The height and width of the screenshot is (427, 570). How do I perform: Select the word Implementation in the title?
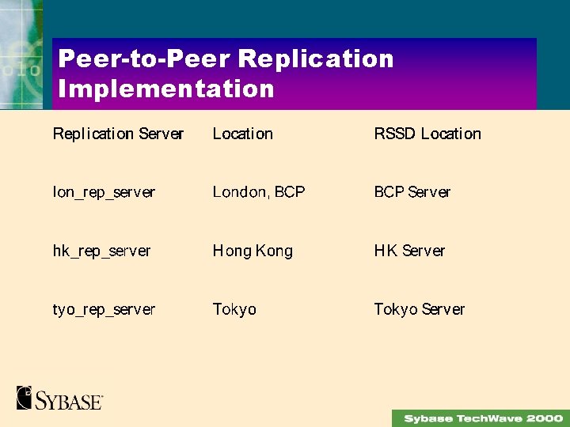(x=166, y=89)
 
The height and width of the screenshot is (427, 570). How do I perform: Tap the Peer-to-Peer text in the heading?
(x=144, y=59)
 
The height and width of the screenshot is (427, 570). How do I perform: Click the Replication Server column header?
(x=118, y=134)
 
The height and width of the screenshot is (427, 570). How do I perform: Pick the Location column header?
(x=242, y=134)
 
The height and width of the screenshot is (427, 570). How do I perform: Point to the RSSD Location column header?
(x=427, y=134)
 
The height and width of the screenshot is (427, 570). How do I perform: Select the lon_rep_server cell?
(x=104, y=192)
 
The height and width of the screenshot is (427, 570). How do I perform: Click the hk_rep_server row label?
(x=101, y=251)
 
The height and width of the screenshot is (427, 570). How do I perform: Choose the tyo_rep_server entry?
(x=104, y=309)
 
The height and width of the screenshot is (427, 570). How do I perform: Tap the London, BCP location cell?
(x=258, y=192)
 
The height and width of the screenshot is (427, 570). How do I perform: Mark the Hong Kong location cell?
(x=253, y=251)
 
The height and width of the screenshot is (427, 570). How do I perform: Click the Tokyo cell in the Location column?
(x=234, y=309)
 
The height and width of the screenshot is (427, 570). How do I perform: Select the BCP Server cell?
(x=412, y=192)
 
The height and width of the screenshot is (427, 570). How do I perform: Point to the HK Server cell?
(x=409, y=251)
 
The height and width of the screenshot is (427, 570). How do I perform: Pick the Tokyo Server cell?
(x=419, y=309)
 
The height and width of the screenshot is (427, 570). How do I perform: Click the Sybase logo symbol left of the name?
(x=25, y=397)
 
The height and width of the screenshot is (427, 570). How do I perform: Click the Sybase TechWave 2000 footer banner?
(x=480, y=418)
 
